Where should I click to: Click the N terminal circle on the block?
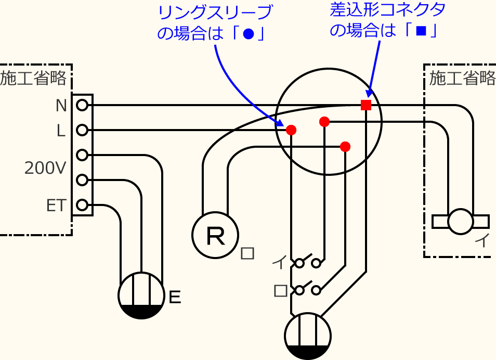tap(82, 106)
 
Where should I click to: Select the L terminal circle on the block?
tap(82, 130)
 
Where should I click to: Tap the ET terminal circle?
tap(82, 205)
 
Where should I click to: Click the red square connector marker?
tap(366, 105)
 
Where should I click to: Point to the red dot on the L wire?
tap(291, 130)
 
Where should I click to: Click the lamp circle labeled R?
tap(215, 235)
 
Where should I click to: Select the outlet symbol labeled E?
tap(141, 295)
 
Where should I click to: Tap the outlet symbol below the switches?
tap(308, 336)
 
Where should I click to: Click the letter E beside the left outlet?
tap(175, 297)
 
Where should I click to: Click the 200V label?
tap(46, 168)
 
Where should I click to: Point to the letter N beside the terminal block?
tap(61, 106)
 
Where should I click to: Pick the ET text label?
tap(56, 206)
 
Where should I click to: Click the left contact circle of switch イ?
tap(299, 263)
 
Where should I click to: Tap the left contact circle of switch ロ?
tap(299, 290)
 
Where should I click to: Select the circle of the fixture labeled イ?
tap(461, 222)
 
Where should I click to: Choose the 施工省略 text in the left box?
tap(34, 79)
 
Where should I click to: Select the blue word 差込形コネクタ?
tap(388, 9)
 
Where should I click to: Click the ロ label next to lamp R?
tap(248, 253)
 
